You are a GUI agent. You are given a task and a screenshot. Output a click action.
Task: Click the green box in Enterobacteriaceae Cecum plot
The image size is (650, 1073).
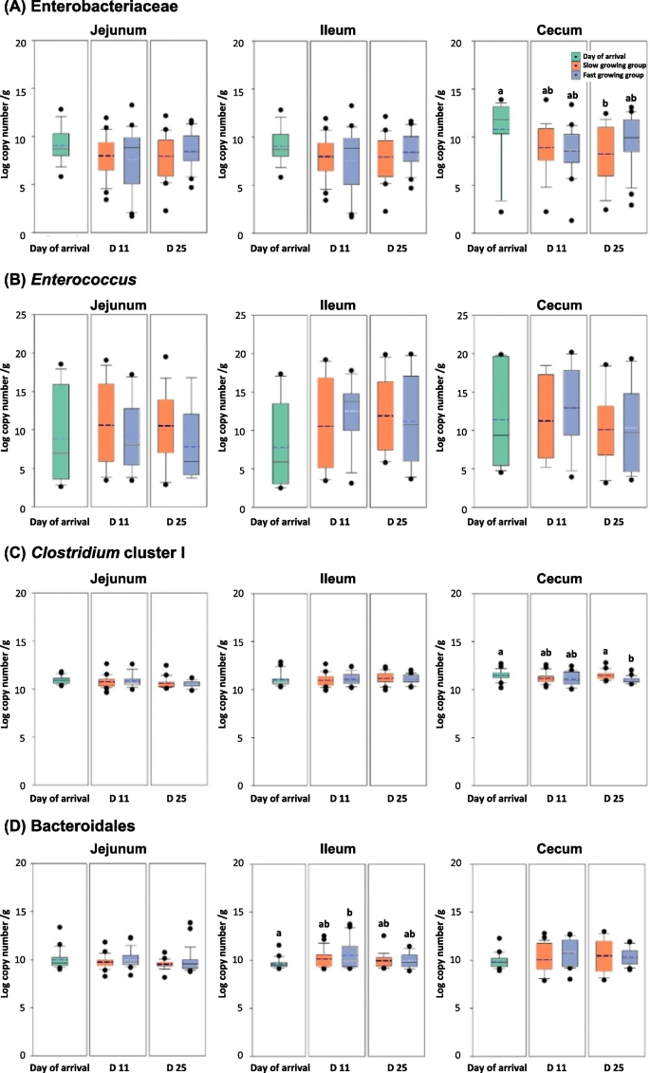tap(488, 120)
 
